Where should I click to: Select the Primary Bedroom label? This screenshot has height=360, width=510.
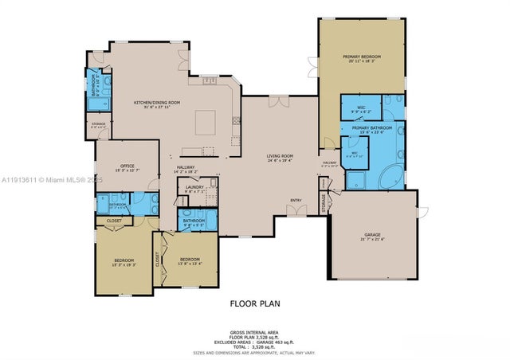coord(363,57)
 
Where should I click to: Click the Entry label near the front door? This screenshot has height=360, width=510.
coord(296,200)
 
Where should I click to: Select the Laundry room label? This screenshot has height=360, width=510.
coord(195,188)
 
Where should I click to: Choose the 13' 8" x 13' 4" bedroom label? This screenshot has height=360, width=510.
coord(190,260)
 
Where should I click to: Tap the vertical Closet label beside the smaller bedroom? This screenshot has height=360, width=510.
coord(159,258)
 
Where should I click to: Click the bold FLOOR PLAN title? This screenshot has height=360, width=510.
coord(255,303)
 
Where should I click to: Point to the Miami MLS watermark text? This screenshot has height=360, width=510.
coord(52,181)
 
